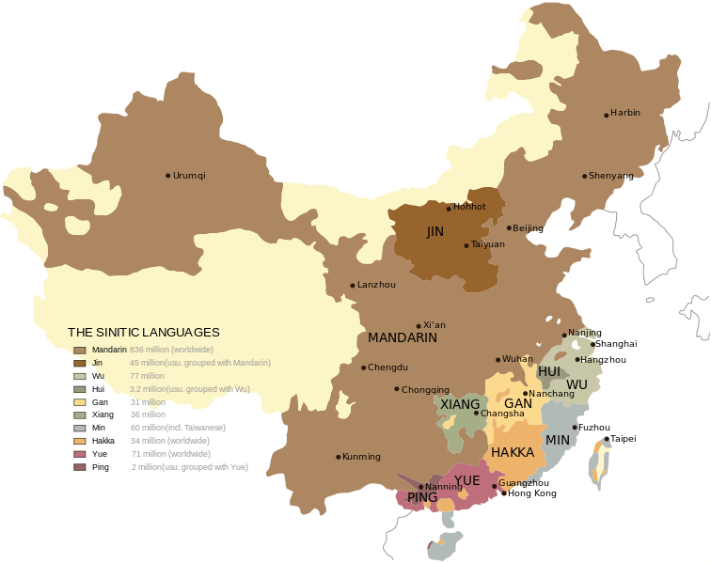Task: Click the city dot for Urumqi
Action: click(x=168, y=176)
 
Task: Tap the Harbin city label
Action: click(x=625, y=113)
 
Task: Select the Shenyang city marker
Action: click(x=585, y=176)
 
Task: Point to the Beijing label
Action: click(x=528, y=228)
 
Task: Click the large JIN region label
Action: click(x=434, y=231)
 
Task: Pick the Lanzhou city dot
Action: click(x=353, y=286)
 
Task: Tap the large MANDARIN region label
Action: click(x=403, y=337)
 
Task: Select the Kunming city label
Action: click(x=362, y=457)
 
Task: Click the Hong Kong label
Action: click(x=532, y=493)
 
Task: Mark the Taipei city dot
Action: click(x=607, y=439)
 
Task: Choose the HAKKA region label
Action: click(x=513, y=452)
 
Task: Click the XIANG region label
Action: click(x=460, y=404)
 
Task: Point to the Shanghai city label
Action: click(x=617, y=344)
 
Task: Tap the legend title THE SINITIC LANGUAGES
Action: click(x=144, y=333)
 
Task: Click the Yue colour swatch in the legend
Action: click(x=80, y=454)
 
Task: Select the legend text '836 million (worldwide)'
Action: click(x=173, y=350)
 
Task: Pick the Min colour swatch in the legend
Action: click(x=80, y=428)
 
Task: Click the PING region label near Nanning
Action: click(x=422, y=497)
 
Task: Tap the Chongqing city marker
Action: click(x=397, y=389)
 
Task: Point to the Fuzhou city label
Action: click(x=594, y=428)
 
